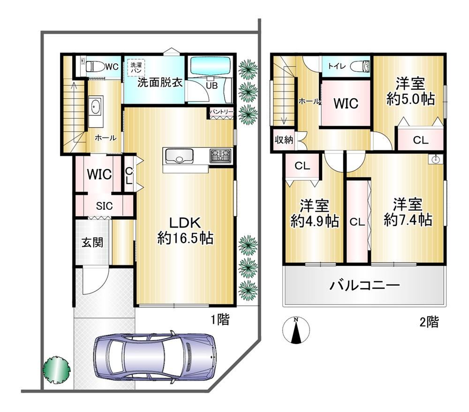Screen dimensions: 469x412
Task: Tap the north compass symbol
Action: click(296, 330)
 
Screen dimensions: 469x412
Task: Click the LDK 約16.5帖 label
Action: click(185, 230)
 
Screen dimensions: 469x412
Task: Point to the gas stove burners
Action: click(221, 156)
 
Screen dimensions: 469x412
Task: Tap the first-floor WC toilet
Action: click(94, 66)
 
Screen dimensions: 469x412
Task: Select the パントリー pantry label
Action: click(221, 112)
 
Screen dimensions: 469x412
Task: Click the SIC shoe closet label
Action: click(105, 206)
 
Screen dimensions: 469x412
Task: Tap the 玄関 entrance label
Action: click(92, 242)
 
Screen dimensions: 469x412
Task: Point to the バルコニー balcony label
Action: click(364, 285)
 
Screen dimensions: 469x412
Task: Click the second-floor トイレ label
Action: click(338, 66)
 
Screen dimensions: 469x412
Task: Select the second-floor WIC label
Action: click(346, 104)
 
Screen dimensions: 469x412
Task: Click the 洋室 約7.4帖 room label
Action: click(408, 212)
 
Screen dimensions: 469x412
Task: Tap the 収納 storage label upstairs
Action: click(284, 140)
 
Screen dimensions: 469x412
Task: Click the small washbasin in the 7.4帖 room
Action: click(435, 159)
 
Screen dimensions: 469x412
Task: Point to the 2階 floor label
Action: click(429, 322)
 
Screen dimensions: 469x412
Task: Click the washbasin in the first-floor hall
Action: click(96, 107)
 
